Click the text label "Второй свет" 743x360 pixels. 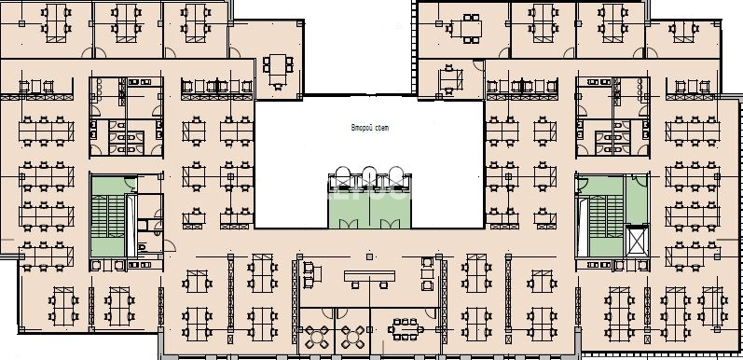tap(369, 128)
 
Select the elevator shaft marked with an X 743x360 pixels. tap(637, 241)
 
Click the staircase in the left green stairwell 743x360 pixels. tap(108, 215)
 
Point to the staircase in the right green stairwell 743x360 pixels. tap(606, 216)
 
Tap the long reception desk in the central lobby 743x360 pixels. tap(369, 276)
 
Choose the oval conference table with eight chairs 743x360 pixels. tap(406, 329)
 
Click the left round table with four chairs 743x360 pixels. tap(316, 337)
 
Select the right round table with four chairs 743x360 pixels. tap(352, 337)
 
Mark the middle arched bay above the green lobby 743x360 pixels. tap(369, 177)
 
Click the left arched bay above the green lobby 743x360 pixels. tap(342, 177)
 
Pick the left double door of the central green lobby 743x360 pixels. tap(349, 224)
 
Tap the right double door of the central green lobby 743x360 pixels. tap(391, 224)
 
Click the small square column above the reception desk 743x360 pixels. tap(369, 256)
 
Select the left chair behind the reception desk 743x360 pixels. tap(355, 285)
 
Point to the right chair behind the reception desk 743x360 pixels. tap(384, 285)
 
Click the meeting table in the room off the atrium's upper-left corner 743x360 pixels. tap(278, 70)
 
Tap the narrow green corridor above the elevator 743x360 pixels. tap(637, 200)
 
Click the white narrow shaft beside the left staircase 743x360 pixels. tap(131, 226)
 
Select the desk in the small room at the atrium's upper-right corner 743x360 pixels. tap(450, 78)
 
